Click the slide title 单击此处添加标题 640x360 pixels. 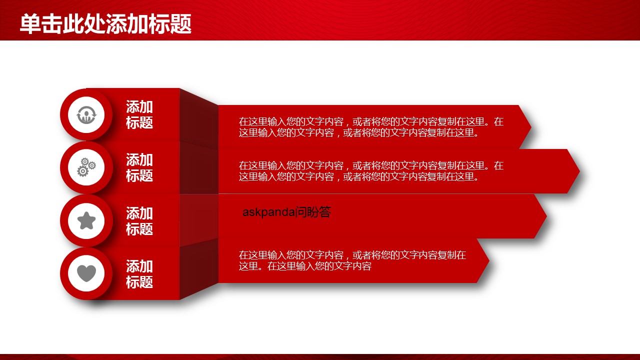(x=105, y=24)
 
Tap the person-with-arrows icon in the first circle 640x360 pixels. (x=86, y=115)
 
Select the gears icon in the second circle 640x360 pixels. (x=86, y=167)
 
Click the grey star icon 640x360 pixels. (x=86, y=220)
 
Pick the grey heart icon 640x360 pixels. (x=86, y=273)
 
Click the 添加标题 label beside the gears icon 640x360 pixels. (x=139, y=167)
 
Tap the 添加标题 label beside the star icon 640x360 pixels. (x=139, y=221)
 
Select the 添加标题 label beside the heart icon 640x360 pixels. (x=139, y=273)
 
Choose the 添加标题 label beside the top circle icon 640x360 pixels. (x=139, y=114)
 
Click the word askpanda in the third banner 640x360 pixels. (x=268, y=212)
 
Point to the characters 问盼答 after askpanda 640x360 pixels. (x=313, y=212)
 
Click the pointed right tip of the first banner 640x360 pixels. (x=531, y=127)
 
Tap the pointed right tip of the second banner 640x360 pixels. (x=579, y=171)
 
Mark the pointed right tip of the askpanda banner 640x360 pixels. (x=546, y=216)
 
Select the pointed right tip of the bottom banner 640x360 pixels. (x=489, y=260)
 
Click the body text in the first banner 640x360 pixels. (x=371, y=127)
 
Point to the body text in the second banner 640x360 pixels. (x=371, y=171)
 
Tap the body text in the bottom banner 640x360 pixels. (x=352, y=260)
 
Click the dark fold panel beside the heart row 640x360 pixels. (x=199, y=269)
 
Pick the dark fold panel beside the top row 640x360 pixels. (x=199, y=118)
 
